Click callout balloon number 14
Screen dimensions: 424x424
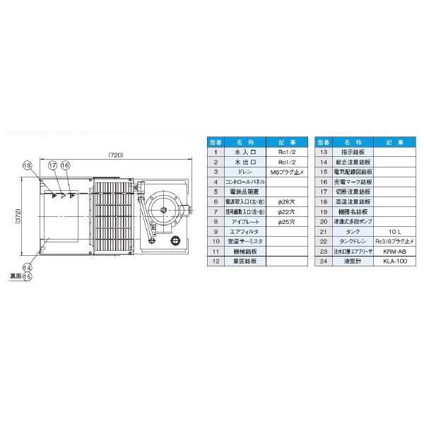(x=28, y=268)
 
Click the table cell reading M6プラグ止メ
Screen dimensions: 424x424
(x=286, y=172)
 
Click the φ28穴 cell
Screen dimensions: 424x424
(x=286, y=201)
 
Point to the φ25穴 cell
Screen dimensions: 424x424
(x=286, y=221)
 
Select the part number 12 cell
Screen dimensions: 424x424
(x=214, y=261)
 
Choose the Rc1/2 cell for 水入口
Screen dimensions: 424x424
(x=286, y=152)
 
